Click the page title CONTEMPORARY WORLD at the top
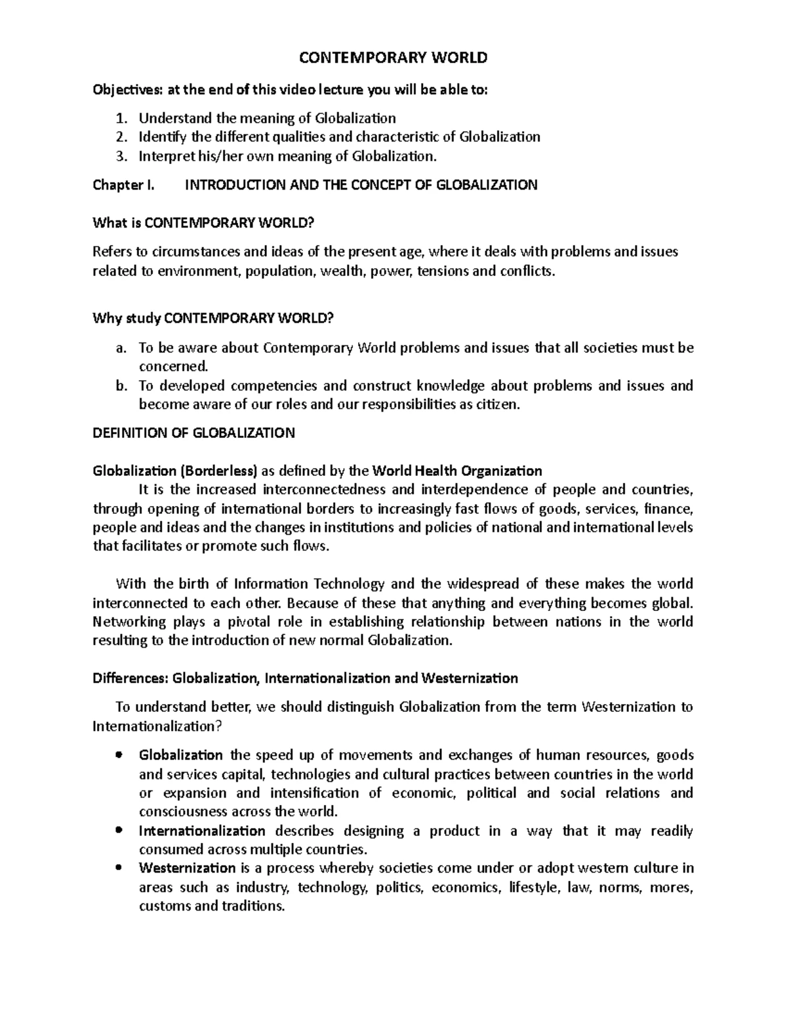click(393, 58)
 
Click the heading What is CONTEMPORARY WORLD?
click(204, 223)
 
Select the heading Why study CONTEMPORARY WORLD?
click(214, 319)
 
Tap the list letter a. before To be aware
click(120, 348)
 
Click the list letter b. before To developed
click(120, 385)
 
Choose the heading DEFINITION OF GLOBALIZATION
click(194, 433)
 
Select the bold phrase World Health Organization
click(457, 471)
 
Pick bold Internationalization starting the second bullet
click(202, 831)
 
